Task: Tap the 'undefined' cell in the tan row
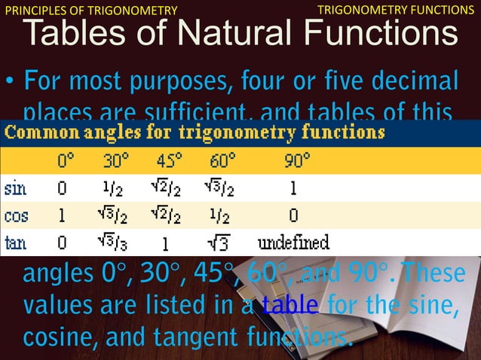[293, 243]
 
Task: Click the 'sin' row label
[16, 187]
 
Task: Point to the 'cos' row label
[17, 215]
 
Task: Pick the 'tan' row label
[17, 243]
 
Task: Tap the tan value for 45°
[165, 243]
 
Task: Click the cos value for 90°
[293, 215]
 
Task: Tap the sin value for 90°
[293, 187]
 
